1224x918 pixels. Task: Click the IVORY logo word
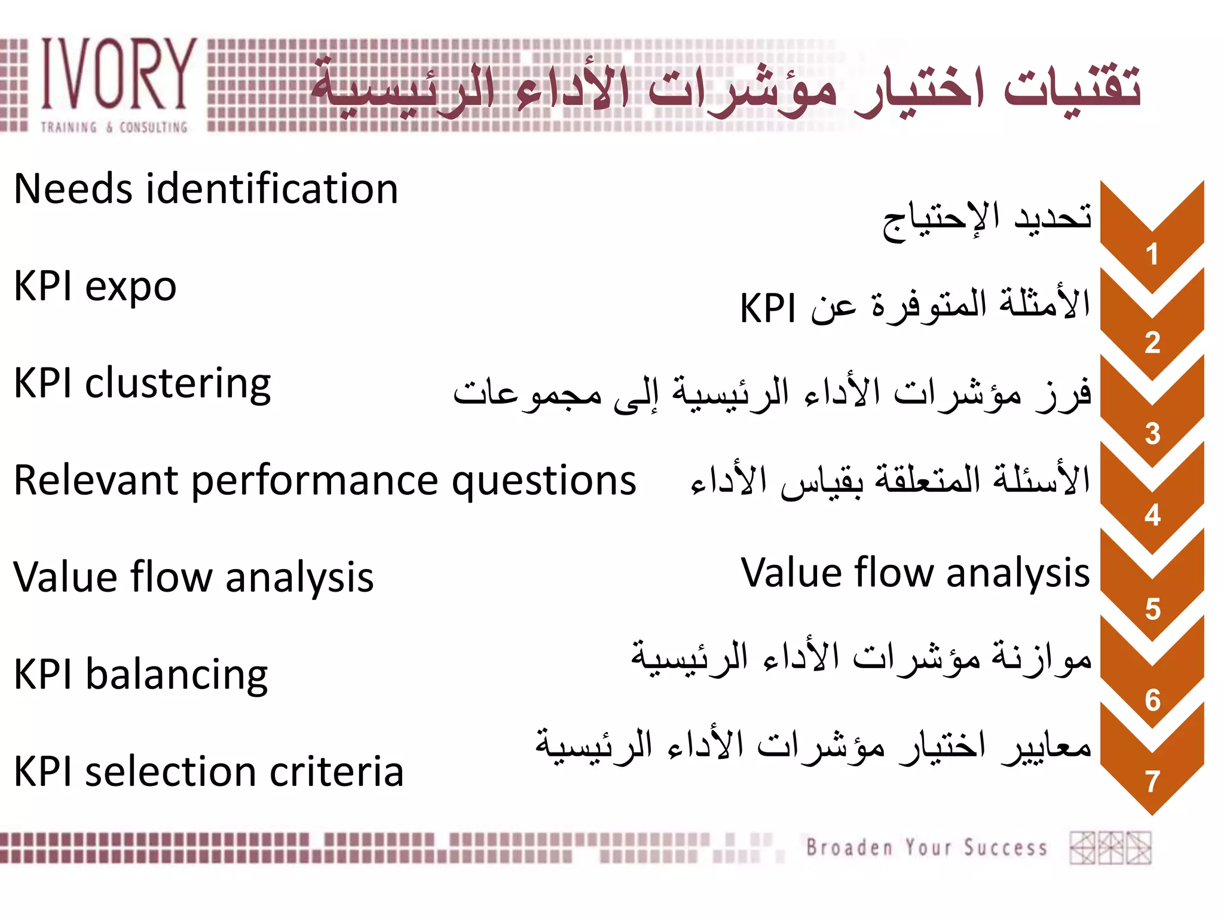118,75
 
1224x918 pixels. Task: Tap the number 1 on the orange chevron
1152,255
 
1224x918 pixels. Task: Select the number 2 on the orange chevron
1152,343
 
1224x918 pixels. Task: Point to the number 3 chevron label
1152,434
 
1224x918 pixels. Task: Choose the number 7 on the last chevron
1152,782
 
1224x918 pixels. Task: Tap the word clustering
178,384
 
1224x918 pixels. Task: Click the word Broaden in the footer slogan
849,847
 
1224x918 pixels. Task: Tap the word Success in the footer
1005,847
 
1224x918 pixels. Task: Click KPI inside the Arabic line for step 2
767,308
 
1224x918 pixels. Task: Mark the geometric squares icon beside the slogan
1110,847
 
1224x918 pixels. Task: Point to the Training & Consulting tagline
114,127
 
